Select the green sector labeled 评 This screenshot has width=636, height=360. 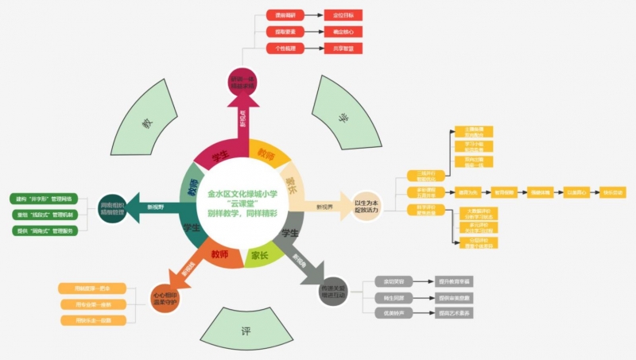coord(246,329)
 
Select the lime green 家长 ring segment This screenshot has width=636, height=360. coord(260,256)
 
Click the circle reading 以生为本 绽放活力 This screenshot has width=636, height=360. coord(366,206)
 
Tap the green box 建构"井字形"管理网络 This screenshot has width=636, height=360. coord(44,198)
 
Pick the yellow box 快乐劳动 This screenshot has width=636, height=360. coord(613,192)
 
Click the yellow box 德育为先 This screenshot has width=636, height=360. coord(467,192)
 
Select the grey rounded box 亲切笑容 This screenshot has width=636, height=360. coord(392,281)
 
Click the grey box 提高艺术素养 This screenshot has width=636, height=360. coord(454,313)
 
